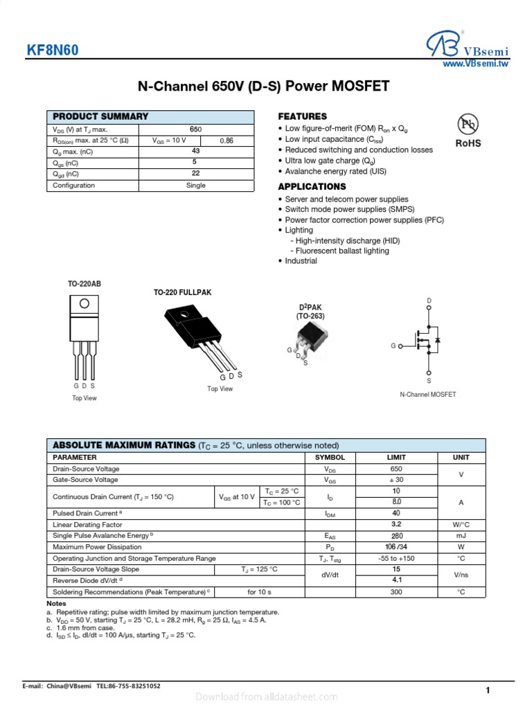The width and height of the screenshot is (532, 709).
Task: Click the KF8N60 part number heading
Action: tap(53, 51)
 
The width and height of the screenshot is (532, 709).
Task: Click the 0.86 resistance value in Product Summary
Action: tap(227, 141)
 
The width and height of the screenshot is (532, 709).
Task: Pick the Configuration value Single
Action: tap(196, 186)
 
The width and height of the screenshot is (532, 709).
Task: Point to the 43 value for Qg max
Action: tap(196, 151)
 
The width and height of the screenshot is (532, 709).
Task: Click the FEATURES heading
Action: tap(302, 116)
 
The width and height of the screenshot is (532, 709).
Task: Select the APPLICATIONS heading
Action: tap(312, 187)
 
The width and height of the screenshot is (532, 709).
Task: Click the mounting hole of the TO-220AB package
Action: tap(84, 303)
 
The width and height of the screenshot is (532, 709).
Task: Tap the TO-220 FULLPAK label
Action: tap(182, 293)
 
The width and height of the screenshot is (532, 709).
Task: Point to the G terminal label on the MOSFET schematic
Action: tap(393, 345)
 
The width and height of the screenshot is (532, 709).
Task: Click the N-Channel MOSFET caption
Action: tap(428, 395)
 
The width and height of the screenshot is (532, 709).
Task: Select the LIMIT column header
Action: tap(397, 458)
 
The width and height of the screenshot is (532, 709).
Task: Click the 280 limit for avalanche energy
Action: tap(397, 535)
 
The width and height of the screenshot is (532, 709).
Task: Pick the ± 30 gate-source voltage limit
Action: tap(397, 480)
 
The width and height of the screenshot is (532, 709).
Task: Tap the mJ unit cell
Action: tap(461, 535)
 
